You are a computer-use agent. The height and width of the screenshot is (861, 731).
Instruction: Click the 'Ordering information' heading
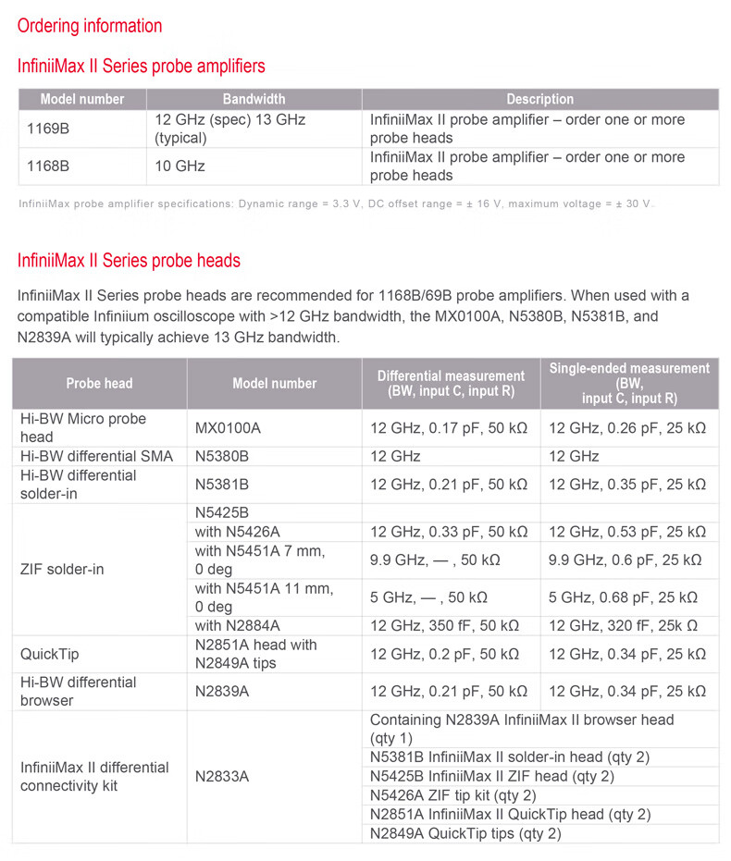point(90,26)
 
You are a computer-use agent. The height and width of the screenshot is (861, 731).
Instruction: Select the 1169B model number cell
point(44,129)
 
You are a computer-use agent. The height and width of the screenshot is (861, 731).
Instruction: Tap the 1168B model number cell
point(44,166)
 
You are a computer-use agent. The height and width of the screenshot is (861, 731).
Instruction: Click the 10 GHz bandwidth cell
point(180,166)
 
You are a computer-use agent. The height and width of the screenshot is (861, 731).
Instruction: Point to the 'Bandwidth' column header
point(254,99)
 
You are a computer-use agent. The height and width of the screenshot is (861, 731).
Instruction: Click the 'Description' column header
point(539,99)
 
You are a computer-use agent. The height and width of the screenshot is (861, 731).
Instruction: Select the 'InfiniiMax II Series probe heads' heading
point(129,261)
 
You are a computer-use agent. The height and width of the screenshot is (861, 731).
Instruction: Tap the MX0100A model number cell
point(228,428)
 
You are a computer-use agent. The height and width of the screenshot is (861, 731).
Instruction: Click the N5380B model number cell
point(222,456)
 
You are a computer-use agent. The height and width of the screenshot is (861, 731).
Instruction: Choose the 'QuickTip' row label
point(50,654)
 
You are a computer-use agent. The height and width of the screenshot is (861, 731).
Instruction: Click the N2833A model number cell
point(222,776)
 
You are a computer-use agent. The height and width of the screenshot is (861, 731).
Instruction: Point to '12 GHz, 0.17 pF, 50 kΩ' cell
point(449,428)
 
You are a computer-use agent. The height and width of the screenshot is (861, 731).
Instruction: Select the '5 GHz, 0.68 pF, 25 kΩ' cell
point(627,597)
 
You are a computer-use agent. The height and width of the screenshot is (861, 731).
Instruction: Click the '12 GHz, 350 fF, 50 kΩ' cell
point(449,626)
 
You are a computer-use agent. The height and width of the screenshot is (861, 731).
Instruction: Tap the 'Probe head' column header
point(99,383)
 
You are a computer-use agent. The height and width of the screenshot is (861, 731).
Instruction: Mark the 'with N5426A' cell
point(237,532)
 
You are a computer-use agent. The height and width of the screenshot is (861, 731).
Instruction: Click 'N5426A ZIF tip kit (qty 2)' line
point(452,795)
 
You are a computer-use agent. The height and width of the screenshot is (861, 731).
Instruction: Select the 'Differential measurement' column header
point(451,383)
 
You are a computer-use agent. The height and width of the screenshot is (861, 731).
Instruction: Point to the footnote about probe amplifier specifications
point(336,203)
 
